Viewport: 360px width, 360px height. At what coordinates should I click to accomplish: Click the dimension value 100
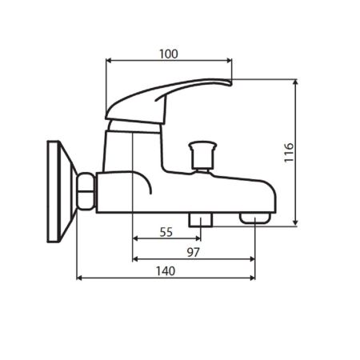point(168,54)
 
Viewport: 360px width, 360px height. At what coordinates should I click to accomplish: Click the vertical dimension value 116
point(289,153)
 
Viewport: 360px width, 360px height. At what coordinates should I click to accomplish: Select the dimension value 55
point(166,232)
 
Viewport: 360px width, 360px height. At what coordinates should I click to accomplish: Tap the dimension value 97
point(193,252)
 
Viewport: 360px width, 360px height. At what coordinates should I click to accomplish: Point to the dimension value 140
point(164,271)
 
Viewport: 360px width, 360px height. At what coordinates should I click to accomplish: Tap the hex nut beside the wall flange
point(86,193)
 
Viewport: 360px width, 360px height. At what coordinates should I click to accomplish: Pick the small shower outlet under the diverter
point(199,218)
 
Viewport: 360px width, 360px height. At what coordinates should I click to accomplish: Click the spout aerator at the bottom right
point(254,218)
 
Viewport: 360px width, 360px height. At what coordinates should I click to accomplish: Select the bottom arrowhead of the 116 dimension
point(297,222)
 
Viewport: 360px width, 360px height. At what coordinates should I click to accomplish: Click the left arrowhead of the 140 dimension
point(79,278)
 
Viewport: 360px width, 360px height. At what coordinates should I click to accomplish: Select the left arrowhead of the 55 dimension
point(134,238)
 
